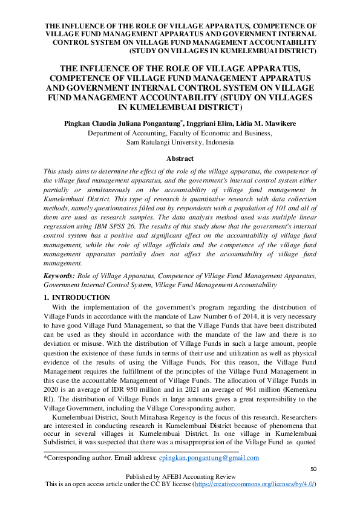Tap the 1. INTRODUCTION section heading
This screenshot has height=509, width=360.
pos(77,297)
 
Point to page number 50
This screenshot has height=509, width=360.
pos(313,469)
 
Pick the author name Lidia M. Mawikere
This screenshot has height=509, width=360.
pos(272,123)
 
